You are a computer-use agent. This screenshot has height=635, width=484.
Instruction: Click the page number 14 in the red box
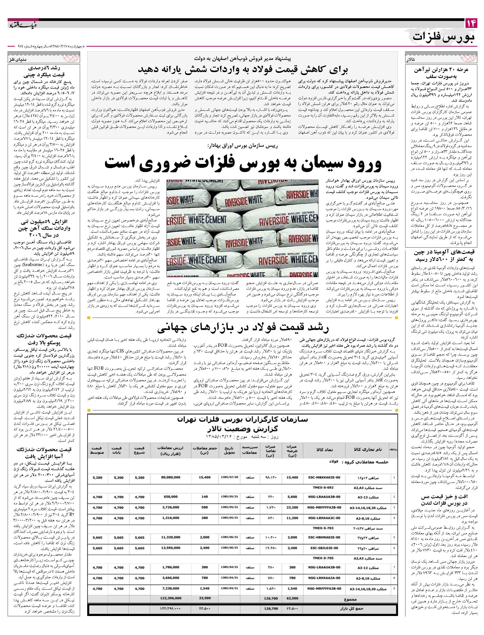(471, 23)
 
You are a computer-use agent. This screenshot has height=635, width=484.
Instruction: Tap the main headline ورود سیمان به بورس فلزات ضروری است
(243, 163)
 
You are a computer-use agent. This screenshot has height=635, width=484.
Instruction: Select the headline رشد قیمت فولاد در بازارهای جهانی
(243, 327)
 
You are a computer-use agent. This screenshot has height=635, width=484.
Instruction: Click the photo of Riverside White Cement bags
(242, 228)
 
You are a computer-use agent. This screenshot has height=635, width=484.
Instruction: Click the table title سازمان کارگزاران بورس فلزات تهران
(243, 420)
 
